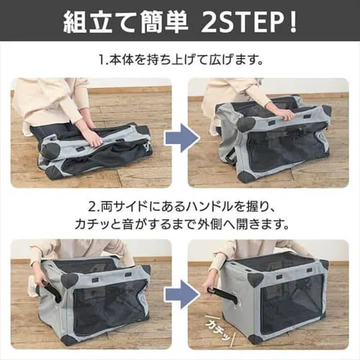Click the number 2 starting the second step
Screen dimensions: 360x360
click(x=91, y=204)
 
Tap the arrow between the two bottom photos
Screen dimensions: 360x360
click(x=179, y=295)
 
